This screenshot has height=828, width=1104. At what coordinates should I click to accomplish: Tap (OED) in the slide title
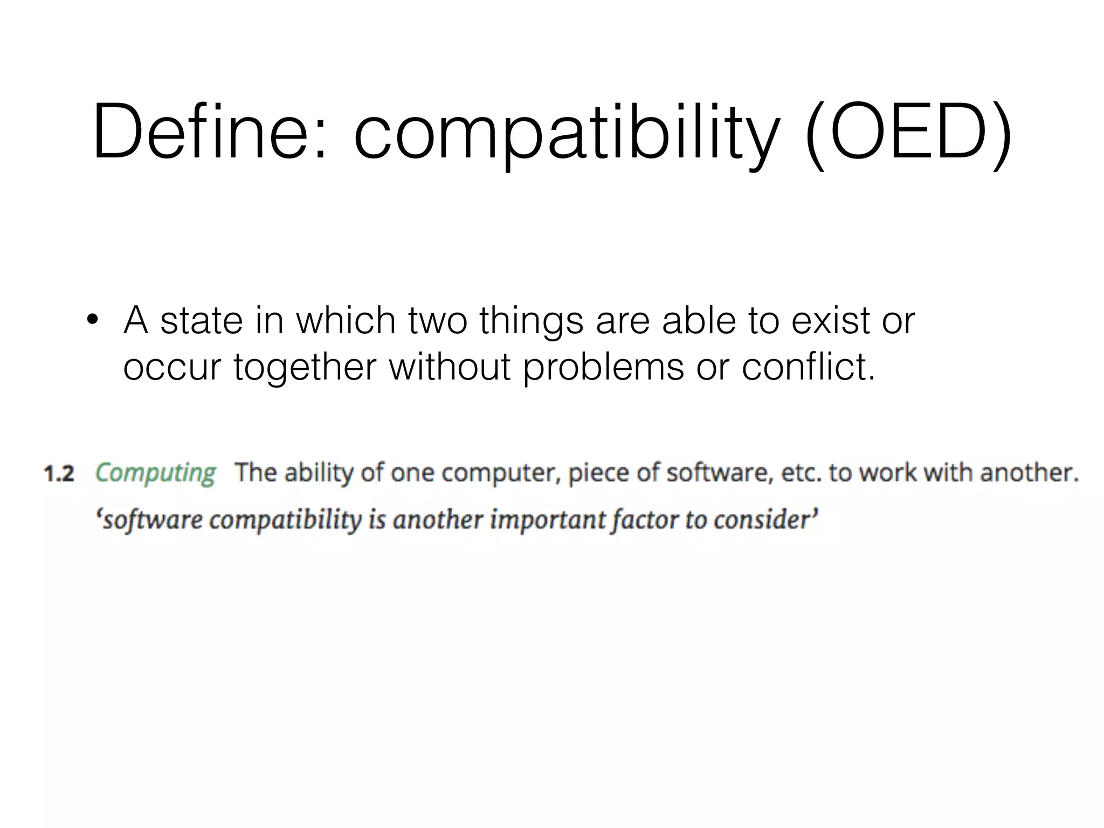pyautogui.click(x=908, y=133)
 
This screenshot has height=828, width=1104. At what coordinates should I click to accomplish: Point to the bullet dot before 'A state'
pyautogui.click(x=93, y=320)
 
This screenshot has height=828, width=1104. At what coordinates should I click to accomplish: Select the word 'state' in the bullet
pyautogui.click(x=202, y=321)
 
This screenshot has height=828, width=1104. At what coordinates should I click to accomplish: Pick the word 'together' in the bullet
pyautogui.click(x=305, y=367)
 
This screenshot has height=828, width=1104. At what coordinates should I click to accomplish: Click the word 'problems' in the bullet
pyautogui.click(x=603, y=368)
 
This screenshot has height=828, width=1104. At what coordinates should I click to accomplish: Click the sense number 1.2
pyautogui.click(x=59, y=474)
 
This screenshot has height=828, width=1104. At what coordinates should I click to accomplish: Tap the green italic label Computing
pyautogui.click(x=155, y=474)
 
